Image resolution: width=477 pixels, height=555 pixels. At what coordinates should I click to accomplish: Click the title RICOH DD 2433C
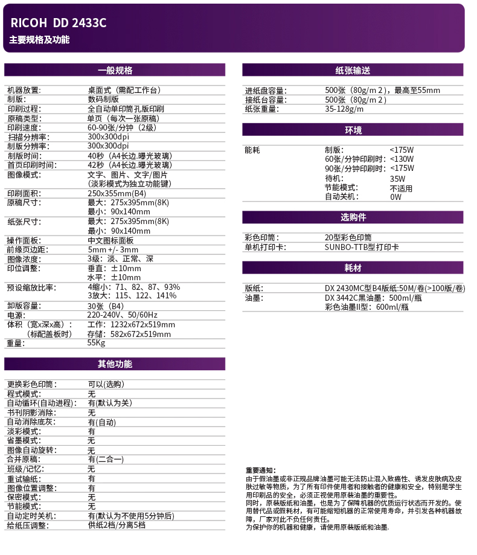pos(58,24)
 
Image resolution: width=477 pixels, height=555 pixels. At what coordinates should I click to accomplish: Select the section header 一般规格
pos(115,70)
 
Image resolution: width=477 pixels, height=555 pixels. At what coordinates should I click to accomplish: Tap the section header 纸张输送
pos(353,70)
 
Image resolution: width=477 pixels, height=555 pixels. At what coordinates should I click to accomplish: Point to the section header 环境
pos(353,130)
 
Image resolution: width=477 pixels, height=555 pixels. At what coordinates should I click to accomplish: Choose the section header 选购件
pos(353,217)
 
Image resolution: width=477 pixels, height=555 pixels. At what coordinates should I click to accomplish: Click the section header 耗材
pos(353,268)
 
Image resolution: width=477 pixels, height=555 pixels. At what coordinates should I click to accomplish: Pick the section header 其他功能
pos(115,364)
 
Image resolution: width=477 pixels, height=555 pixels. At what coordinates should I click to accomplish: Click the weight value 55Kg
pos(97,343)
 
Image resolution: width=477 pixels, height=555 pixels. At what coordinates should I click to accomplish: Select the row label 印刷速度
pos(24,127)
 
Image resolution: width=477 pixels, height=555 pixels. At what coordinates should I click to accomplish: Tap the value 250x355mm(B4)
pos(117,193)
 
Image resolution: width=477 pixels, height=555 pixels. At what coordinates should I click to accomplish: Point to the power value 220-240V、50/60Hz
pos(123,315)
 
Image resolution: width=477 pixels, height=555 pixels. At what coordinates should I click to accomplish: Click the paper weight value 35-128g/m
pos(344,109)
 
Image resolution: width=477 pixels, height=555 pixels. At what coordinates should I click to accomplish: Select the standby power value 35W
pos(397,179)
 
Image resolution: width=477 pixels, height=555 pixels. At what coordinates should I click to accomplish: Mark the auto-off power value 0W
pos(396,196)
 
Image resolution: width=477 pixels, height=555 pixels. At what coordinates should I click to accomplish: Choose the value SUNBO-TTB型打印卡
pos(362,246)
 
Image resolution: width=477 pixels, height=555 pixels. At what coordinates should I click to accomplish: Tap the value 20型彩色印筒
pos(348,237)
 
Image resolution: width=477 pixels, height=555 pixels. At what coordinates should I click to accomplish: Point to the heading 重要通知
pos(260,470)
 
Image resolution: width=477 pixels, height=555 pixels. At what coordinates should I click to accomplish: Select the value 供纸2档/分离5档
pos(117,525)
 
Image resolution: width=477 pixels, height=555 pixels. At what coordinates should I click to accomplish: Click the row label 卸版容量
pos(24,306)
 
